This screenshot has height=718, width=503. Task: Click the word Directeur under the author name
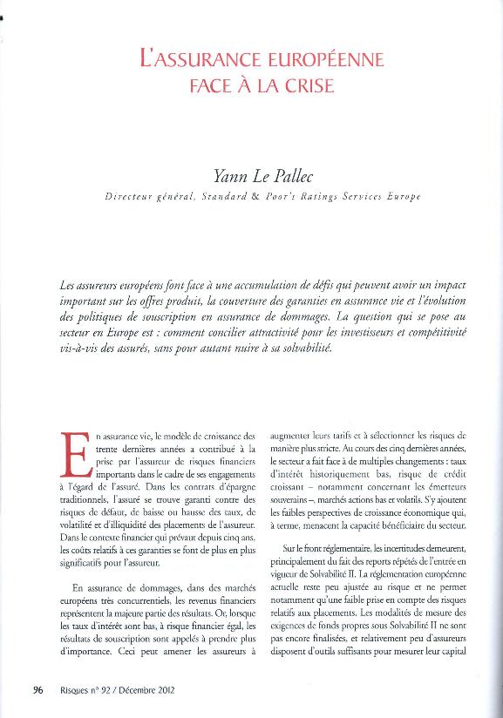[128, 197]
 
